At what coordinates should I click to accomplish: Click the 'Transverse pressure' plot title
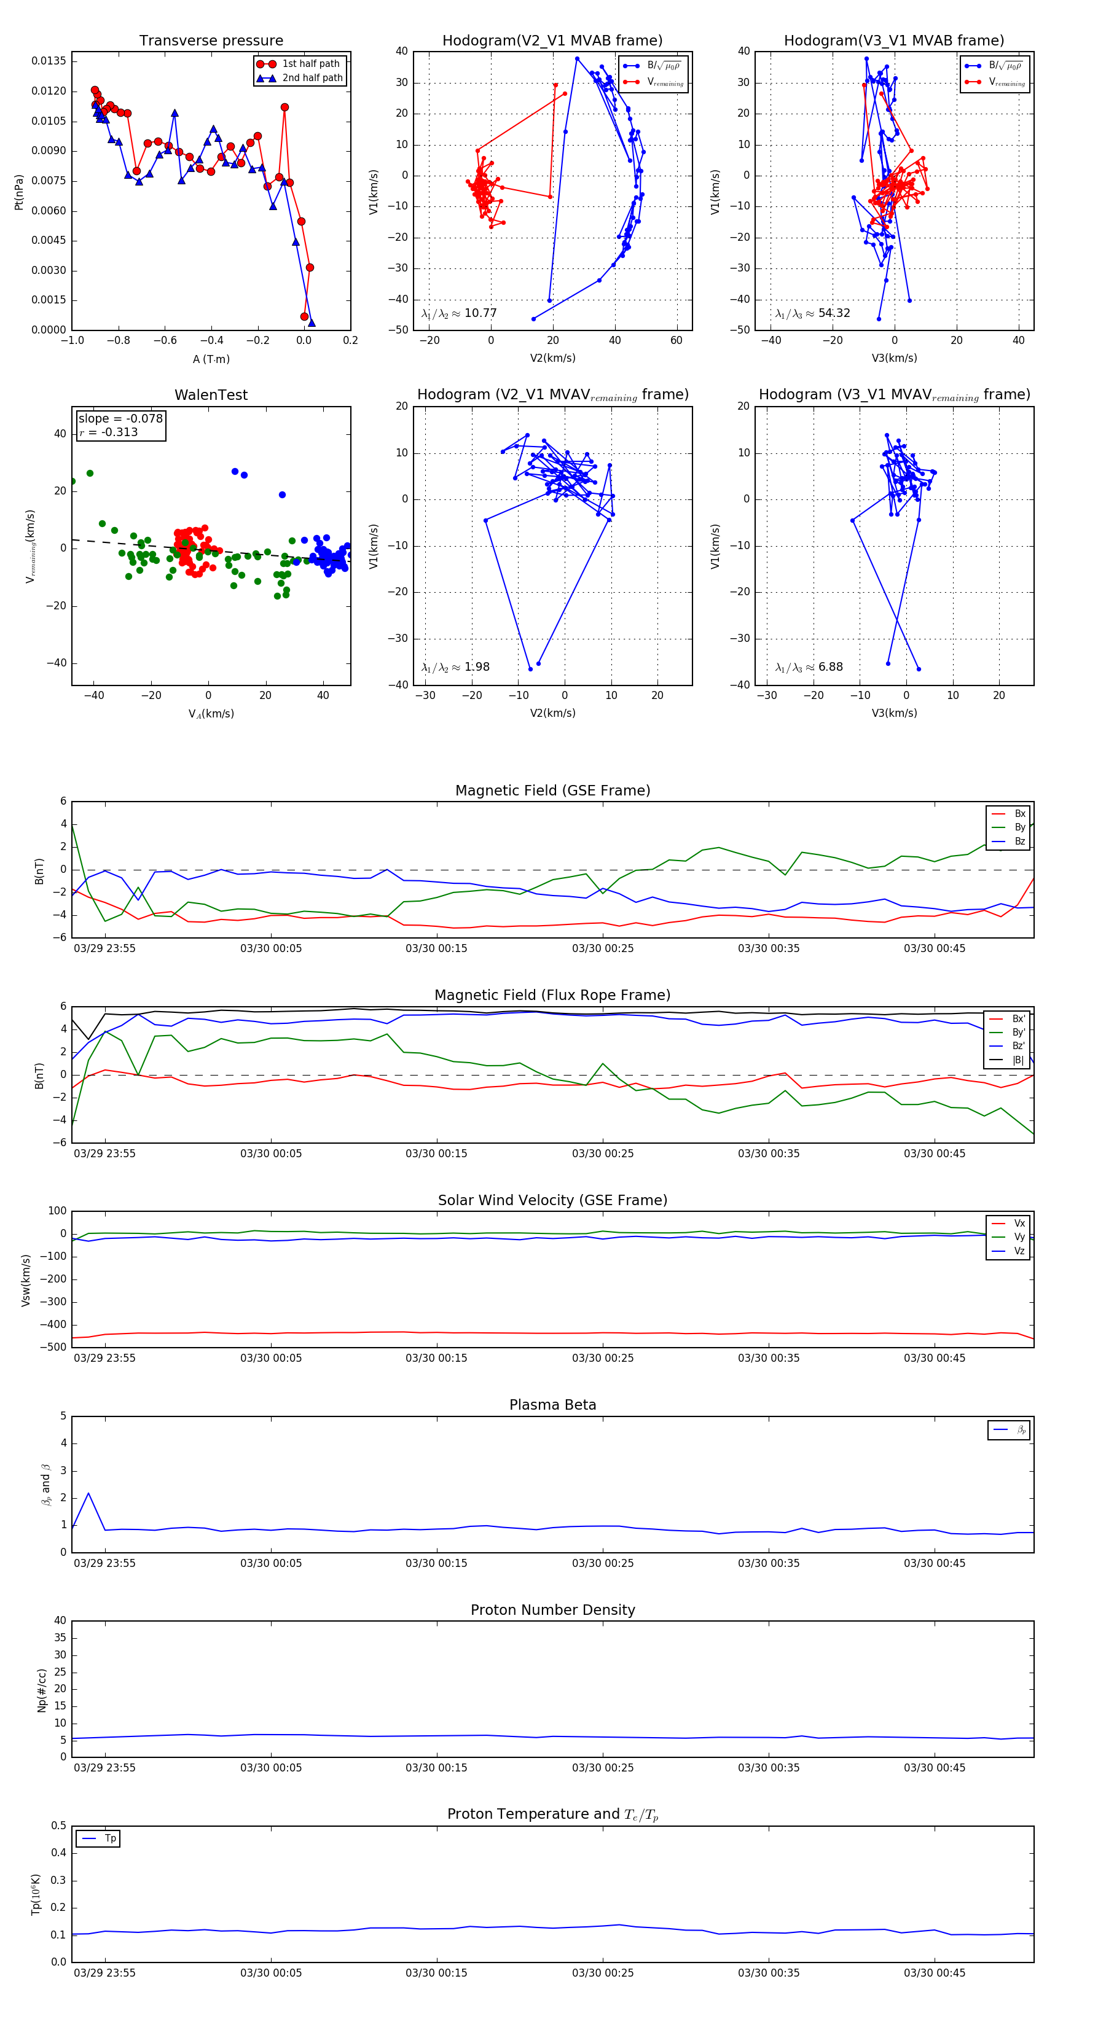click(x=211, y=41)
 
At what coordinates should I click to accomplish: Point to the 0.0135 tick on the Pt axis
click(x=49, y=61)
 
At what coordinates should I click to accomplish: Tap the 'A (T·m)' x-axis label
click(x=211, y=359)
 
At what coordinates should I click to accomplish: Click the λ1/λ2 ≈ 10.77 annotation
click(x=459, y=313)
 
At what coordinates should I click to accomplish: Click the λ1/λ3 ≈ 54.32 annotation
click(x=812, y=313)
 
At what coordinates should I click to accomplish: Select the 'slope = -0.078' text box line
click(x=120, y=419)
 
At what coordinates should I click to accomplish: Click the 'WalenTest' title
click(x=211, y=395)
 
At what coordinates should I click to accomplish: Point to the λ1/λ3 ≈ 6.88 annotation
click(x=809, y=667)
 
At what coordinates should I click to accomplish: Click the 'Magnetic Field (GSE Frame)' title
click(x=552, y=791)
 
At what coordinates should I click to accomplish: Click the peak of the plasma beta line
click(x=88, y=1493)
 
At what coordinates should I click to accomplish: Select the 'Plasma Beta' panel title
click(x=552, y=1405)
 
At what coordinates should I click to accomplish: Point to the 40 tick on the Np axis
click(x=60, y=1620)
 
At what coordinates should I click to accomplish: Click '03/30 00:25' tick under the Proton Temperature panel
click(x=603, y=1973)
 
